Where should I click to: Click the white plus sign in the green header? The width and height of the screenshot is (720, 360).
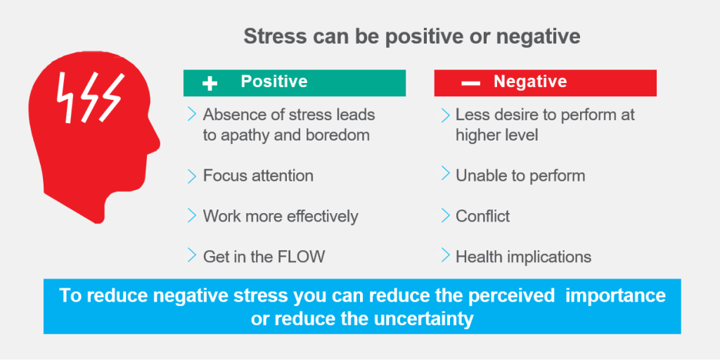coord(210,83)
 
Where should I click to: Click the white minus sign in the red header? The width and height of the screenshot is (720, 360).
coord(470,83)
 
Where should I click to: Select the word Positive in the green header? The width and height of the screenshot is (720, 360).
coord(274,82)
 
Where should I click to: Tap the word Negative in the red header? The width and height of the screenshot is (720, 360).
coord(530,82)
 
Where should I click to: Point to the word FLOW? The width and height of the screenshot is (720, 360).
coord(302,257)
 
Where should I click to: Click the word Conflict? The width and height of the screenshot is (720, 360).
coord(482,217)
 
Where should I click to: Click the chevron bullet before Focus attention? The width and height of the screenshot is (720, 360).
coord(192,175)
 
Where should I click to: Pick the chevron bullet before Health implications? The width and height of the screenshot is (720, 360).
coord(445,255)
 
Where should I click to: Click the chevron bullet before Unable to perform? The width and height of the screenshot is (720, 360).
coord(445,174)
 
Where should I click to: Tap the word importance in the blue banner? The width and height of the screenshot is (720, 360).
coord(616,296)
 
